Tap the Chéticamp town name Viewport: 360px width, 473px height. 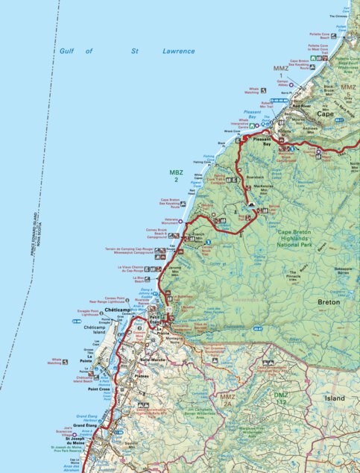pyautogui.click(x=118, y=309)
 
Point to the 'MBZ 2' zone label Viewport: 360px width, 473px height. pyautogui.click(x=176, y=175)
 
